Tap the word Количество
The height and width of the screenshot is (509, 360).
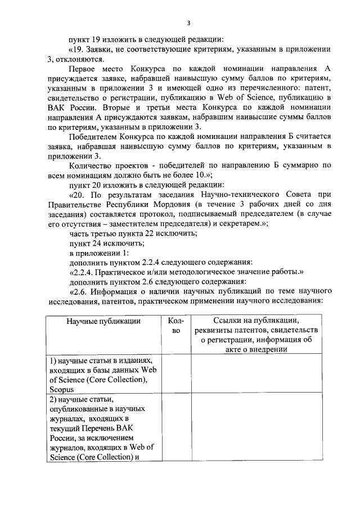pos(91,165)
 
